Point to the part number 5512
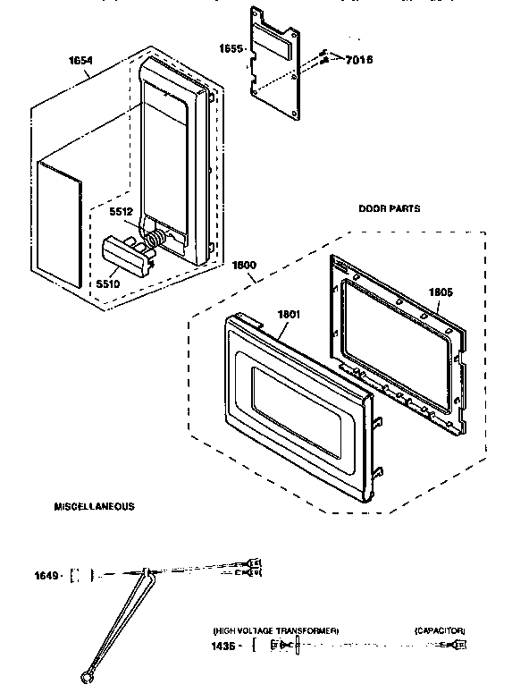pyautogui.click(x=122, y=212)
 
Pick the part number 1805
pyautogui.click(x=441, y=291)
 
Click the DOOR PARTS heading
pyautogui.click(x=390, y=208)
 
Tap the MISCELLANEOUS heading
pyautogui.click(x=94, y=506)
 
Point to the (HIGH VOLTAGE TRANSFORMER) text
pyautogui.click(x=275, y=630)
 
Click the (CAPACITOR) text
pyautogui.click(x=440, y=630)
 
